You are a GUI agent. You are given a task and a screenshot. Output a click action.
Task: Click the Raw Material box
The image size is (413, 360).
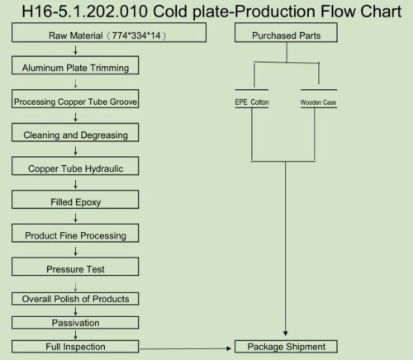tap(109, 32)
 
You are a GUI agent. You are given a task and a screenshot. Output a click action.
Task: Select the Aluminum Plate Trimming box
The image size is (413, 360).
tap(75, 65)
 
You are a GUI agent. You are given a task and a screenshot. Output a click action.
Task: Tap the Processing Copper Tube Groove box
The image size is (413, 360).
tap(75, 99)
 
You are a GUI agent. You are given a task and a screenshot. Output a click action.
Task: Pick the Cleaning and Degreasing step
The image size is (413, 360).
tap(75, 132)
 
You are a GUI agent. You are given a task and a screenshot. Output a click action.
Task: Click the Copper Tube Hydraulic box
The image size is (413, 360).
tap(75, 166)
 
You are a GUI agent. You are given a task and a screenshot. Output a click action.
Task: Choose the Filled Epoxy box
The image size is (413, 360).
tap(75, 200)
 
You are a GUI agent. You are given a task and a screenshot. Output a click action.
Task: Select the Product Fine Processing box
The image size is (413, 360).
tap(75, 233)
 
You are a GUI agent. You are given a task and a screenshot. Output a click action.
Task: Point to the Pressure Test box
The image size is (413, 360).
tap(75, 267)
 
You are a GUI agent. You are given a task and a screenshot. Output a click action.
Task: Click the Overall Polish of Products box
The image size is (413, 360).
tap(75, 299)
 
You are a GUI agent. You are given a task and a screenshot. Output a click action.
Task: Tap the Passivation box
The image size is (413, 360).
tap(75, 323)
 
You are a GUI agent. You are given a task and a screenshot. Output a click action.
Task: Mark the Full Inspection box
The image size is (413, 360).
tap(75, 347)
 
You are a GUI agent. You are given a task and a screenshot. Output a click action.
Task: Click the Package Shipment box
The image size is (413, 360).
tap(286, 347)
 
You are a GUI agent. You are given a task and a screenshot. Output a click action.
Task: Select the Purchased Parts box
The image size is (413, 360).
tap(286, 32)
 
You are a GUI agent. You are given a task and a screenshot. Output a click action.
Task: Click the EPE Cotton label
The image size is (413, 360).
tap(252, 102)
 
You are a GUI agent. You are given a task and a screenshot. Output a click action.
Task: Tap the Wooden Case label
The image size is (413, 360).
tap(318, 102)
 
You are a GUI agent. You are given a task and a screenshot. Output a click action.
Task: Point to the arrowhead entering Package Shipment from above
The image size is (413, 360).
tap(286, 334)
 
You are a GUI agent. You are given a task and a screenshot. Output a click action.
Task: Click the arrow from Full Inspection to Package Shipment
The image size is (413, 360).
tap(185, 348)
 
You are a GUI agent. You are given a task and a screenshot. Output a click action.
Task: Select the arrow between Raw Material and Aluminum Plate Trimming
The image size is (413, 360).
tap(75, 50)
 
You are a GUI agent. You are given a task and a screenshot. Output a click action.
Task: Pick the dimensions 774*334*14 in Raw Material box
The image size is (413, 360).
tap(136, 36)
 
